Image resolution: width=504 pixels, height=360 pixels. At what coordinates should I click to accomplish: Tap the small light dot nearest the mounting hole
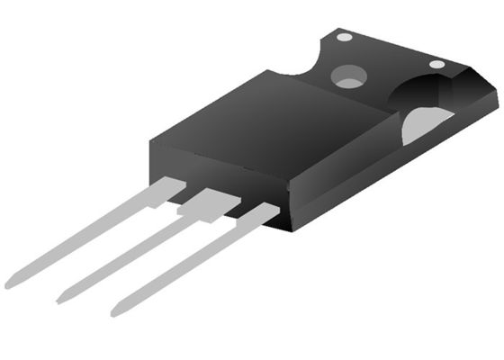pyautogui.click(x=344, y=37)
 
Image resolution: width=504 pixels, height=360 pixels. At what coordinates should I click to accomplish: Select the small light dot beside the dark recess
pyautogui.click(x=436, y=64)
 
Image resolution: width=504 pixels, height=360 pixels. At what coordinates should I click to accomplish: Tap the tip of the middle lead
pyautogui.click(x=61, y=299)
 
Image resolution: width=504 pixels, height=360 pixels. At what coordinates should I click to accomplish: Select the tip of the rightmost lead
pyautogui.click(x=115, y=311)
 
